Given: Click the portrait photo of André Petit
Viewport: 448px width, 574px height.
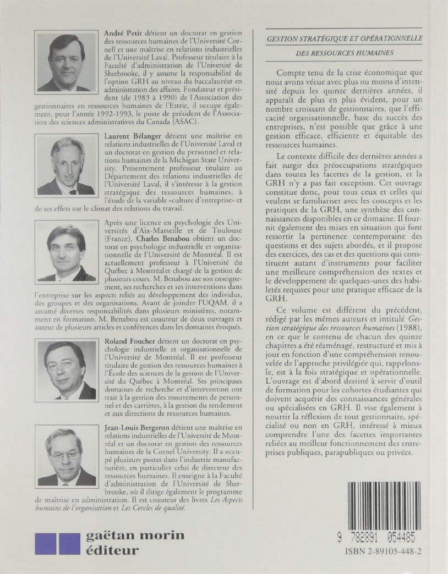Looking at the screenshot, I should (x=66, y=61).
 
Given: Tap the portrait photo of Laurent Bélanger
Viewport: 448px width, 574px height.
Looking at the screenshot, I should (x=66, y=165).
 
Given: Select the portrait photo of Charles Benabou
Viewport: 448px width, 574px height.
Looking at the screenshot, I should (x=66, y=252).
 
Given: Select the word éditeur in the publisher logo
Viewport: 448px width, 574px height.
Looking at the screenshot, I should (x=116, y=549).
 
